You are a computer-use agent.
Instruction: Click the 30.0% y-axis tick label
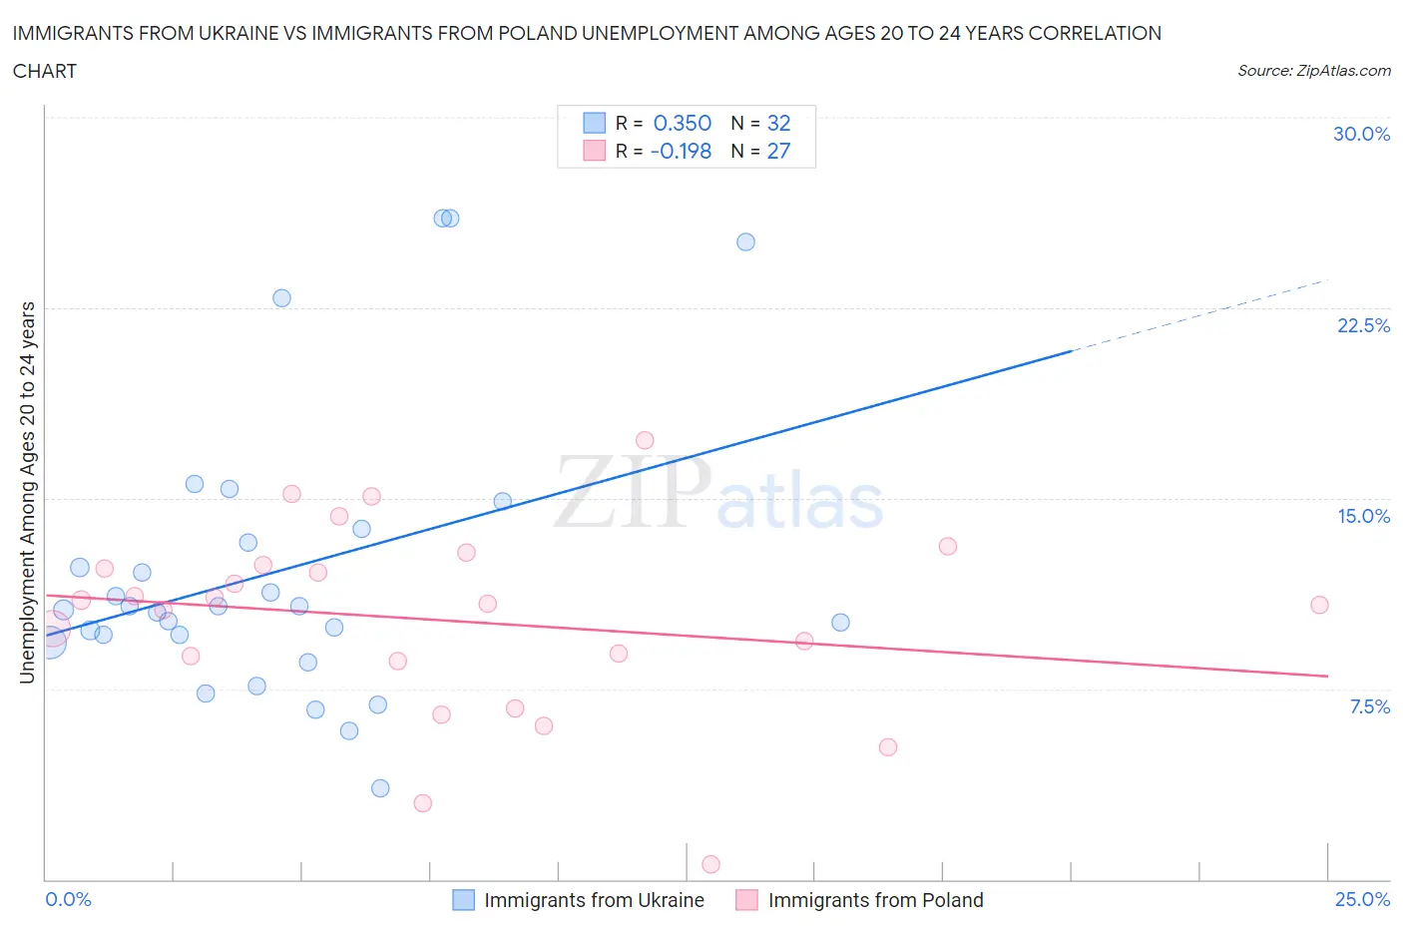coord(1361,134)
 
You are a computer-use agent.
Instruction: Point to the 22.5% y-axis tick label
coord(1363,325)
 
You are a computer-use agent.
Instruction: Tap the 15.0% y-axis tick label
coord(1363,516)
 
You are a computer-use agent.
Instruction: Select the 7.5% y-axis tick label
coord(1369,706)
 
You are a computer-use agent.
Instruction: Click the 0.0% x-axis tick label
coord(69,899)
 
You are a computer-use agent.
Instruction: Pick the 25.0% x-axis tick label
coord(1362,899)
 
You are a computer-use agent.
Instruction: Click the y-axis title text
coord(27,492)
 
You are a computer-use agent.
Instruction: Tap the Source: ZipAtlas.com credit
coord(1313,71)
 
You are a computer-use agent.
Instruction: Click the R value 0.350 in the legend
coord(682,123)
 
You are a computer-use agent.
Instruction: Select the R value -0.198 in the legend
coord(681,151)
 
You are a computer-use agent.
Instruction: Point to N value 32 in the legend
coord(778,123)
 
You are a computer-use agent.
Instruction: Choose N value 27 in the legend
coord(778,151)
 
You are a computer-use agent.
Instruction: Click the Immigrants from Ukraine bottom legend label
coord(594,900)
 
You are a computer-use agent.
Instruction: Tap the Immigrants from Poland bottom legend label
coord(875,900)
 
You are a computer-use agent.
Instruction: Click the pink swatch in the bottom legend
coord(746,900)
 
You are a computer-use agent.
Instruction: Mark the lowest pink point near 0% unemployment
coord(710,864)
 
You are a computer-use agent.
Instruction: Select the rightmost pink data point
coord(1319,605)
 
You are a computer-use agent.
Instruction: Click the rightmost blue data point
coord(840,623)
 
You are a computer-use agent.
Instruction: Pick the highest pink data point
coord(645,440)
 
